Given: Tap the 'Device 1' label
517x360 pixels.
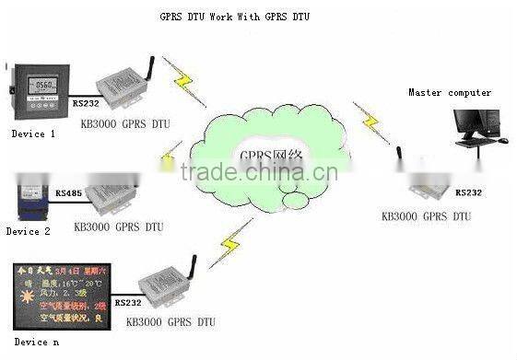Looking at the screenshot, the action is (33, 134).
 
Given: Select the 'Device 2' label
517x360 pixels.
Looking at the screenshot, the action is (29, 231).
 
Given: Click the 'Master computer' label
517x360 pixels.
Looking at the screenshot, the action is (450, 92).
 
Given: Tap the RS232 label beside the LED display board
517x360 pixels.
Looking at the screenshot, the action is (130, 302).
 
